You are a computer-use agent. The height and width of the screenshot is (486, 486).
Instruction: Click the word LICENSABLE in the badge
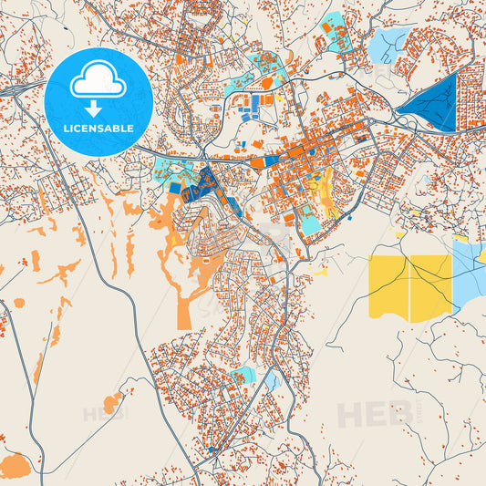pyautogui.click(x=98, y=129)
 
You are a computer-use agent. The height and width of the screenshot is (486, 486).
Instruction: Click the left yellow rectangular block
pyautogui.click(x=389, y=287)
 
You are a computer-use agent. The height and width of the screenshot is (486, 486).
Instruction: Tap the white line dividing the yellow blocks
pyautogui.click(x=410, y=287)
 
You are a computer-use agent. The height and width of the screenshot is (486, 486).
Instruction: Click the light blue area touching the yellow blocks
pyautogui.click(x=469, y=274)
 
